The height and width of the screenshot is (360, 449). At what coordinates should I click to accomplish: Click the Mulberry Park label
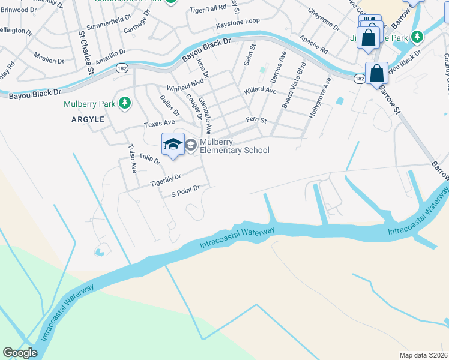click(89, 104)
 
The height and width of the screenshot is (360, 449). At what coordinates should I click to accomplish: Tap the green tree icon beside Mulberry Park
click(125, 104)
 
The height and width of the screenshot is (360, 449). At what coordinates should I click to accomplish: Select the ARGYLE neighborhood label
click(88, 119)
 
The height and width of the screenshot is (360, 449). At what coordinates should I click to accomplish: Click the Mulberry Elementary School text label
click(235, 146)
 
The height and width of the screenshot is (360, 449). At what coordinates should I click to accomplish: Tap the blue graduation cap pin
click(173, 144)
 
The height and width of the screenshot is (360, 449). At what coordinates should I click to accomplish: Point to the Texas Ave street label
click(158, 124)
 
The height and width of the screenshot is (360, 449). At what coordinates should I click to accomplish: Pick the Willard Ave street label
click(259, 91)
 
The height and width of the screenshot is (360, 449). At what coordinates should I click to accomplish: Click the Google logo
click(20, 352)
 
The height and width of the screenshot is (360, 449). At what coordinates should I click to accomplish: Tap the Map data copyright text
click(423, 355)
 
